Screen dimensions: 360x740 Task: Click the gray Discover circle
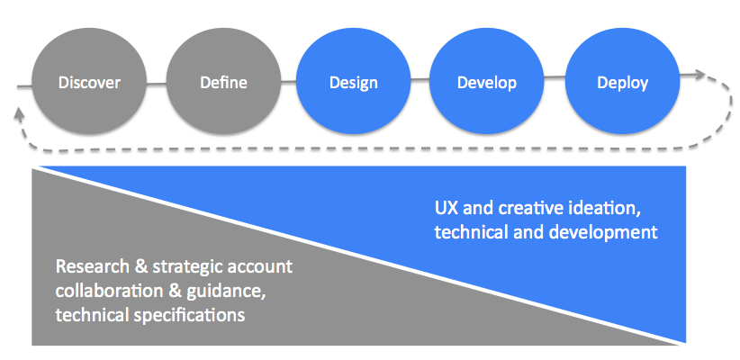pos(89,83)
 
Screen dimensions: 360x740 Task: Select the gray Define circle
pos(222,83)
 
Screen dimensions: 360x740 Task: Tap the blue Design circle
pos(354,83)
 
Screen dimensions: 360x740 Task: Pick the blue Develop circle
pos(487,83)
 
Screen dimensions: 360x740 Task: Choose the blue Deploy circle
pos(622,83)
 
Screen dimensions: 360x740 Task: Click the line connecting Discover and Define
pos(156,84)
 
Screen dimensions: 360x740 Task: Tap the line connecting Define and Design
pos(288,84)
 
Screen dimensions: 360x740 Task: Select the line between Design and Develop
pos(420,84)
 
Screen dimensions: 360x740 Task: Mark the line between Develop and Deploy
pos(555,84)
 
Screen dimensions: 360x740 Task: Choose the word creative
pos(531,208)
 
